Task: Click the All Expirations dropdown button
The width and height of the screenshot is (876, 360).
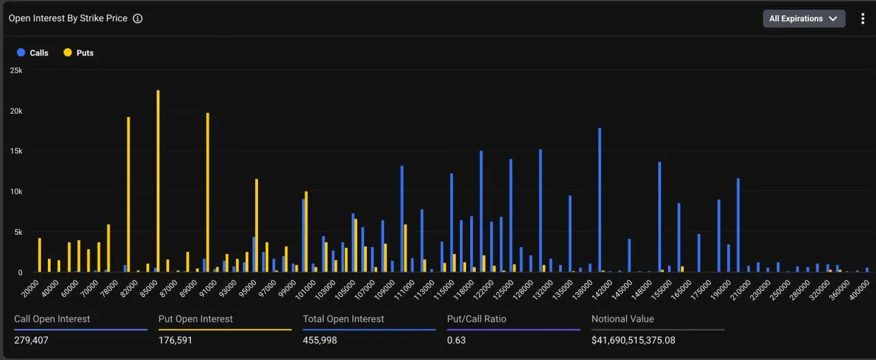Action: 804,18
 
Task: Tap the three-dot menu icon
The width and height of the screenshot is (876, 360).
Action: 862,18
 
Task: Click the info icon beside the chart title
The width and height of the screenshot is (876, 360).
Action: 138,18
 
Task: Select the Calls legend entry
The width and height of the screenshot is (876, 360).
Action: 33,53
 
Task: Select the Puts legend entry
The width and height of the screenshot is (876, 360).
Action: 79,53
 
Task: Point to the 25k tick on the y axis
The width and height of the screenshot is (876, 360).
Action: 16,70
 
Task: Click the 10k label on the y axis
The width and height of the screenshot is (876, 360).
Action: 16,192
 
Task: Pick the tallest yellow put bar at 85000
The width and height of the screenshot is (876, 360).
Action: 158,181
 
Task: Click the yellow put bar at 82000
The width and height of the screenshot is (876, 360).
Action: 129,195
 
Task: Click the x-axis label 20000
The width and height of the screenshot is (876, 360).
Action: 31,288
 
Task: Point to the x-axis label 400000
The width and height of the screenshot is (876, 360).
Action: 860,288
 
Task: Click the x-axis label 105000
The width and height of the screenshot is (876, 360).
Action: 346,288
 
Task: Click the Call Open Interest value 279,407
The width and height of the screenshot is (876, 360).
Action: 31,339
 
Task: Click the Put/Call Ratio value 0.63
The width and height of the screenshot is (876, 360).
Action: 456,339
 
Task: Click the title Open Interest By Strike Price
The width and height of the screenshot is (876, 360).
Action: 68,18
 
